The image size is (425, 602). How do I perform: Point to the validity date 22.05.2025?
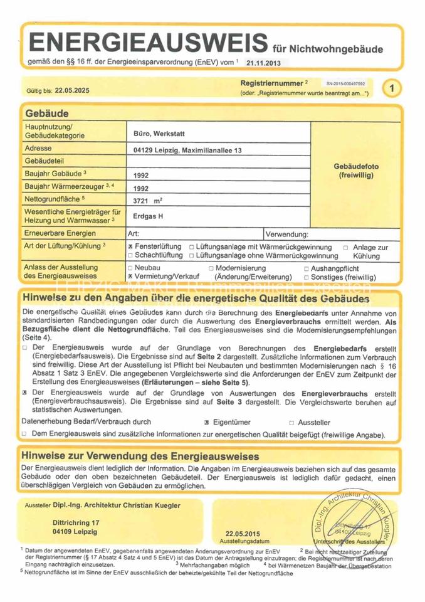[x=72, y=90]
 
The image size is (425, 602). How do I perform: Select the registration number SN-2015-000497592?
[x=345, y=83]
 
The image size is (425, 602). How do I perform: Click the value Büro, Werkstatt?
[x=159, y=134]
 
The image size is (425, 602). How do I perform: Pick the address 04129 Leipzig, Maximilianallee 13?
[x=187, y=150]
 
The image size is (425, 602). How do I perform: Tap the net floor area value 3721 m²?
[x=148, y=201]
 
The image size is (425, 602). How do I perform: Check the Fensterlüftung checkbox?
[x=130, y=248]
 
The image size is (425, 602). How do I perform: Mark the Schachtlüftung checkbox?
[x=130, y=256]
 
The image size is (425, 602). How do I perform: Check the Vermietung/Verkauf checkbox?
[x=130, y=276]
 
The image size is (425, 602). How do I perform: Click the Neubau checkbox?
[x=130, y=268]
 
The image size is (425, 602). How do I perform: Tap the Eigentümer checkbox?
[x=206, y=423]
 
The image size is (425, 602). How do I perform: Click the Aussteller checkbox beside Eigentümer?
[x=291, y=423]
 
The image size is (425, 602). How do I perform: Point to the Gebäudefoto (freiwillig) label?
[x=355, y=171]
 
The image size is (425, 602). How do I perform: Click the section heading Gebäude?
[x=47, y=114]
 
